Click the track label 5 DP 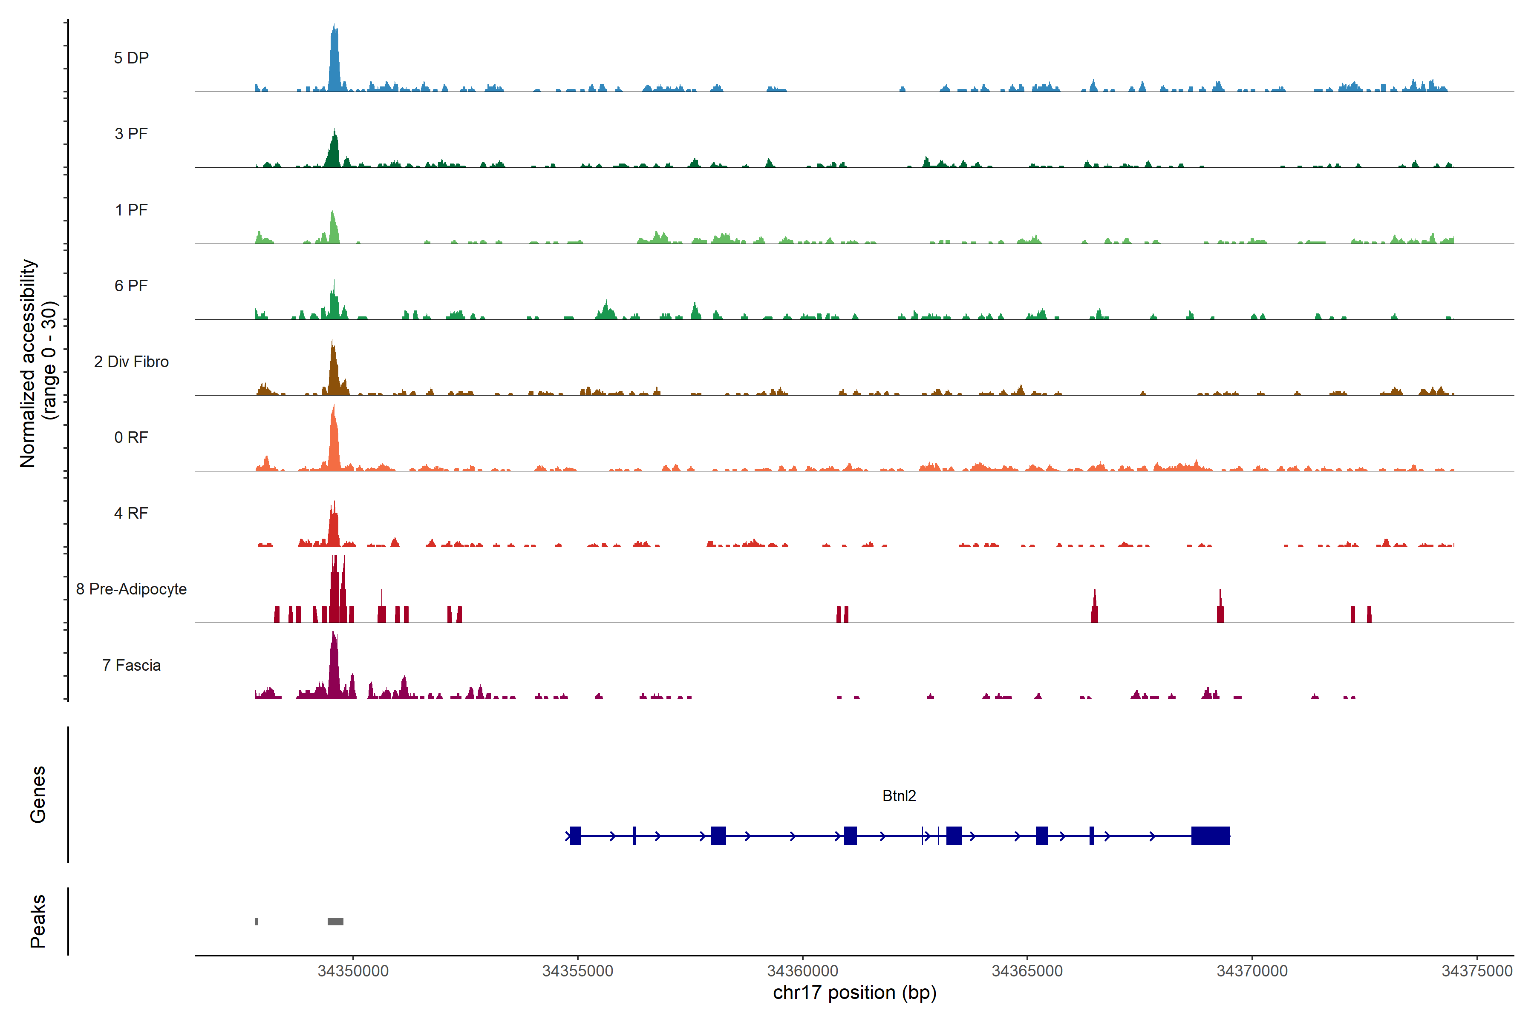pos(131,58)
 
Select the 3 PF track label pos(131,134)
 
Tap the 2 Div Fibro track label pos(131,362)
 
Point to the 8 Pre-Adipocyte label pos(131,589)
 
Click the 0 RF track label pos(131,437)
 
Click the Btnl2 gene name pos(899,796)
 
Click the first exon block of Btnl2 pos(575,835)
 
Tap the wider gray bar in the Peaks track pos(335,922)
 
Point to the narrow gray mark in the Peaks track pos(257,922)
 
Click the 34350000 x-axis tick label pos(353,970)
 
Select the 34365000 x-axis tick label pos(1027,970)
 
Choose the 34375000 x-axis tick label pos(1476,970)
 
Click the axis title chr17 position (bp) pos(854,993)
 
